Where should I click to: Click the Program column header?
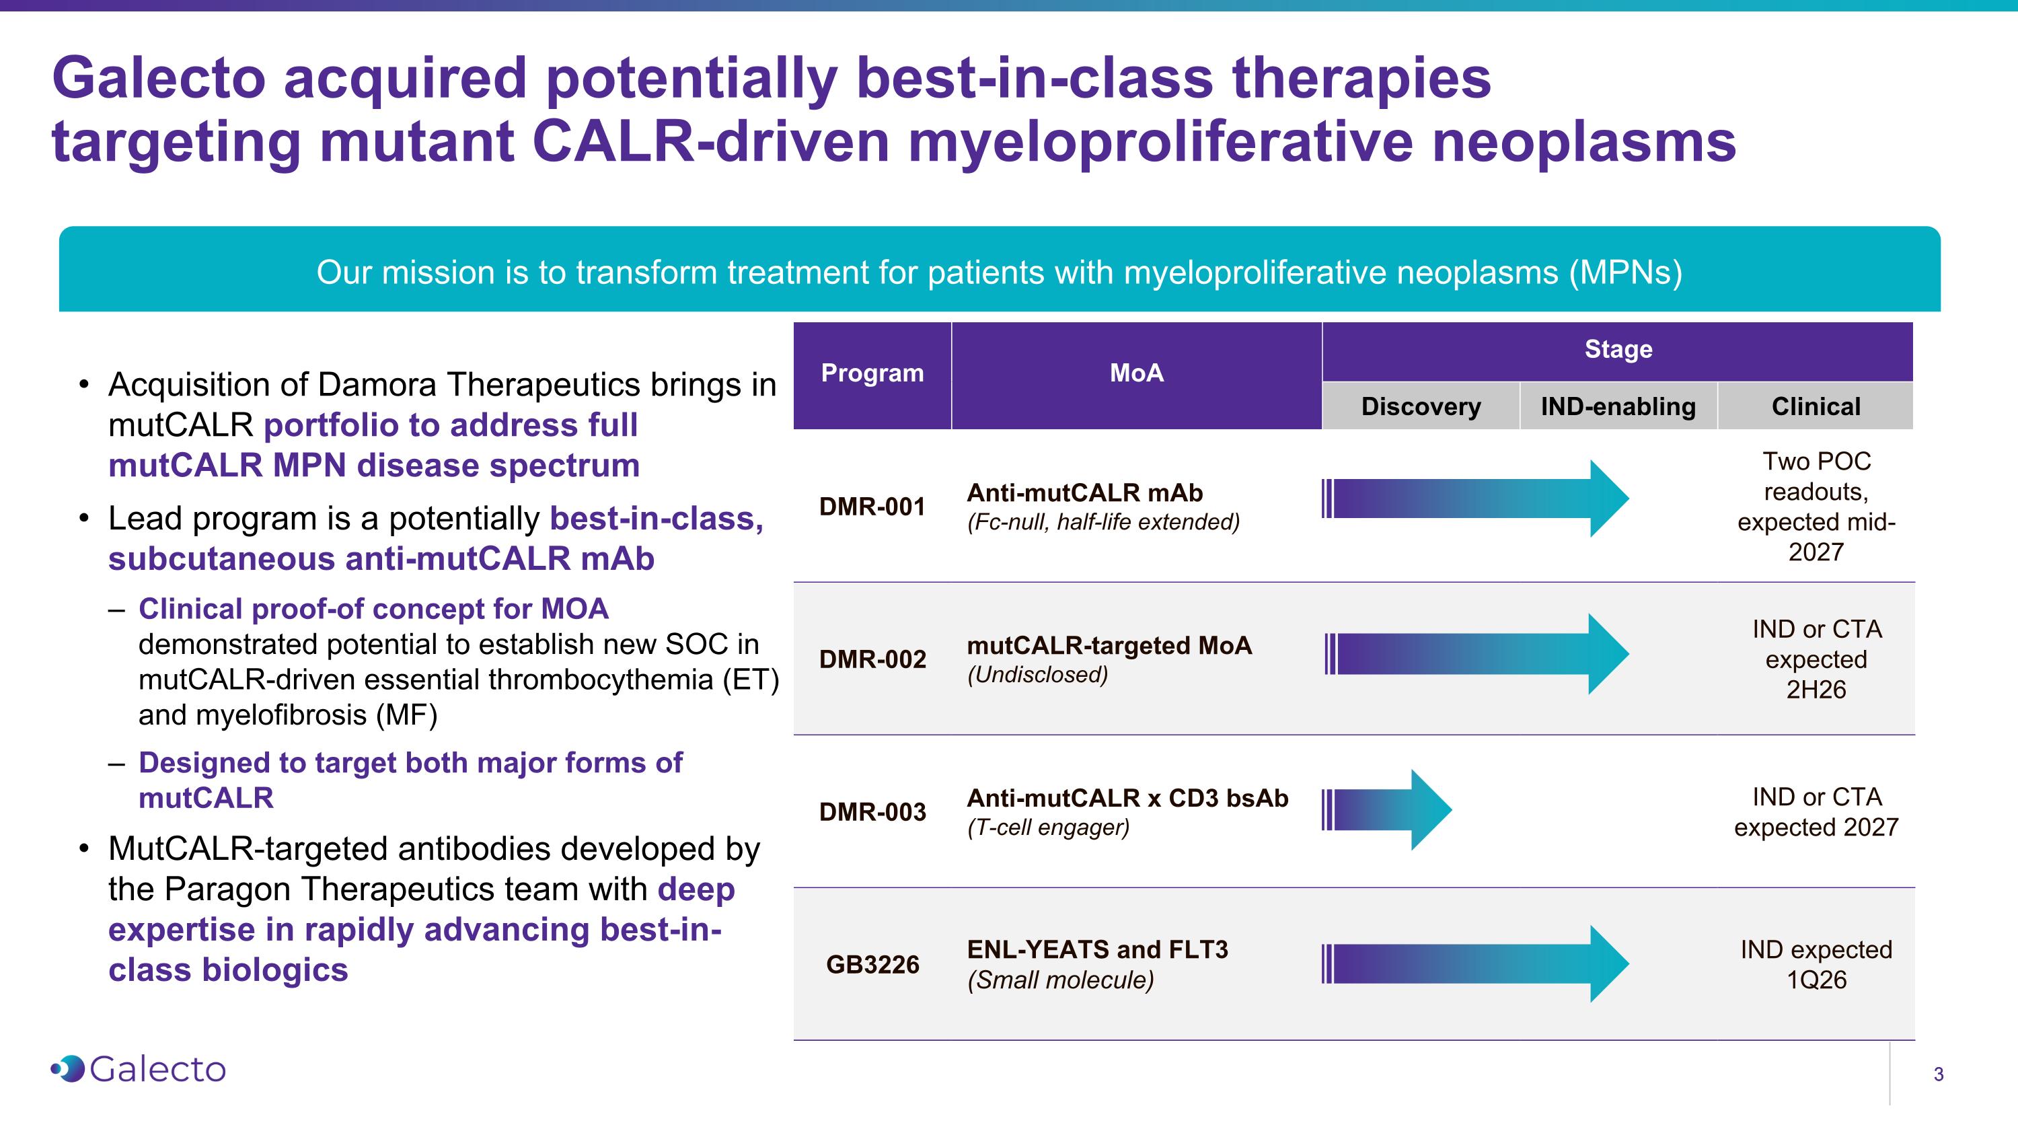coord(872,373)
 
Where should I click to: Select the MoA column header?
coord(1136,373)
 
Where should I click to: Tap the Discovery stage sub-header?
coord(1420,406)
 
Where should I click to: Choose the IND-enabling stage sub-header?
coord(1618,406)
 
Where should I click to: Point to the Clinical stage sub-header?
coord(1815,406)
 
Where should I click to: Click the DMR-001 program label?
coord(872,507)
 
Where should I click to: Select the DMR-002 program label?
coord(872,659)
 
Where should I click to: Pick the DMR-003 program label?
coord(872,812)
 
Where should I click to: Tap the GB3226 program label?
coord(872,964)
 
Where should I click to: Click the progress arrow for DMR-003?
coord(1386,809)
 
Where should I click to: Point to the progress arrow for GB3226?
coord(1472,963)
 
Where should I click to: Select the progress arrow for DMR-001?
coord(1472,498)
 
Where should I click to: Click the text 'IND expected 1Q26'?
coord(1815,964)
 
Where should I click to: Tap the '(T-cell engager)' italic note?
coord(1048,827)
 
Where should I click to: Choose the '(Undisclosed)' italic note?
coord(1037,674)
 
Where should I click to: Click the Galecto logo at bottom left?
coord(139,1069)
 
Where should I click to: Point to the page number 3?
coord(1938,1074)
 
